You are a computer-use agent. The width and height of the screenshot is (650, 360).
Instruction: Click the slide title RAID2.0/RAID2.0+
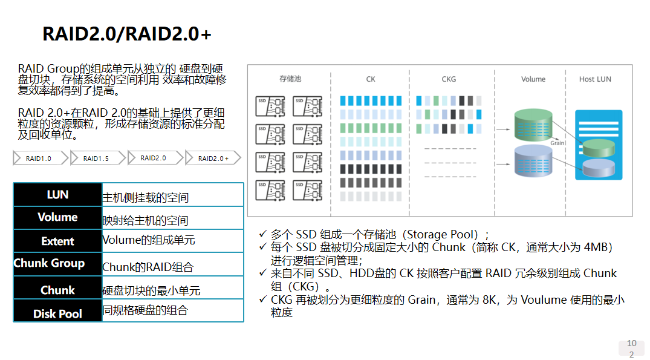[x=127, y=34]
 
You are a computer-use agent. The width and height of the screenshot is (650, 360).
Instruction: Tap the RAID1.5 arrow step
[x=96, y=159]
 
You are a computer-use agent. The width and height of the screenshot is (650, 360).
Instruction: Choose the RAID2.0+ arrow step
[x=213, y=159]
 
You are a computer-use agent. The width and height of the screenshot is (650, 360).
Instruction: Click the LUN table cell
[x=57, y=195]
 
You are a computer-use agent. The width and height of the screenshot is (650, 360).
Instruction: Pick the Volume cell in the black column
[x=57, y=217]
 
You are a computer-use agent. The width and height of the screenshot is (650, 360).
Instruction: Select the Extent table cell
[x=57, y=241]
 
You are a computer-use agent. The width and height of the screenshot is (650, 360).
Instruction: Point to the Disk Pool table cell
[x=57, y=313]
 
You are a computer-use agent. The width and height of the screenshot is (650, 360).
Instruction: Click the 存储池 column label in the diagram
[x=290, y=79]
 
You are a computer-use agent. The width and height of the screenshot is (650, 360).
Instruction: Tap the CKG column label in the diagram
[x=449, y=79]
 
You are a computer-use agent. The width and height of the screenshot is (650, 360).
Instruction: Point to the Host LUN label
[x=595, y=79]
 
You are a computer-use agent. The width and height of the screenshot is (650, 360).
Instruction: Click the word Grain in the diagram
[x=557, y=143]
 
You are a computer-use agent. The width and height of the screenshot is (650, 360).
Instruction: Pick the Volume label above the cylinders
[x=533, y=79]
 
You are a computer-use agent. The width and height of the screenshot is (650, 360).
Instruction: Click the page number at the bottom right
[x=631, y=349]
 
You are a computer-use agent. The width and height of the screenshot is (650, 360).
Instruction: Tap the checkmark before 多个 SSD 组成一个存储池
[x=262, y=234]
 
